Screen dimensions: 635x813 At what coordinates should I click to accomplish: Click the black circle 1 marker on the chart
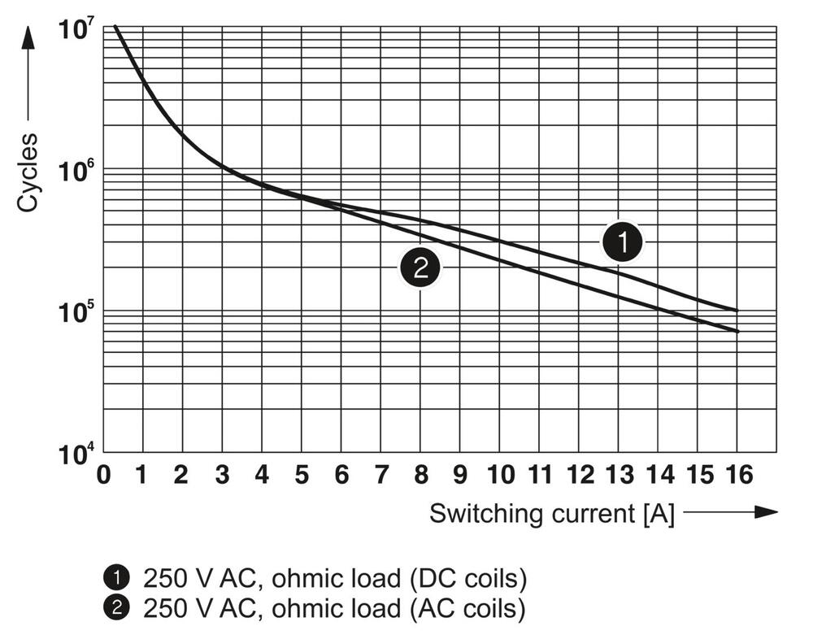pyautogui.click(x=622, y=241)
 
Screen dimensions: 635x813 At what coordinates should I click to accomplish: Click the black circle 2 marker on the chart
pyautogui.click(x=420, y=267)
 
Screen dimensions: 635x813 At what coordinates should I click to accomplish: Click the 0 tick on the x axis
pyautogui.click(x=103, y=475)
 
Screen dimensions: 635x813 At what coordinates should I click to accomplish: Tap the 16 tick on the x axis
pyautogui.click(x=737, y=475)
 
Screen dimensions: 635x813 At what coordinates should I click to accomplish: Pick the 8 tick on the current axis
pyautogui.click(x=420, y=475)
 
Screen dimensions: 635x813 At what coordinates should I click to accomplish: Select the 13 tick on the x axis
pyautogui.click(x=619, y=475)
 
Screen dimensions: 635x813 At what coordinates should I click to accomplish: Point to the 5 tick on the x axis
pyautogui.click(x=302, y=475)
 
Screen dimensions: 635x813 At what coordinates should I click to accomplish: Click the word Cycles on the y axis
pyautogui.click(x=28, y=173)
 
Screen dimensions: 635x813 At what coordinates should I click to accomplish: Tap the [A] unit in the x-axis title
pyautogui.click(x=659, y=514)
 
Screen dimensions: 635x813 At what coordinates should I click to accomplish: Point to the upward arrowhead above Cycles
pyautogui.click(x=28, y=37)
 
